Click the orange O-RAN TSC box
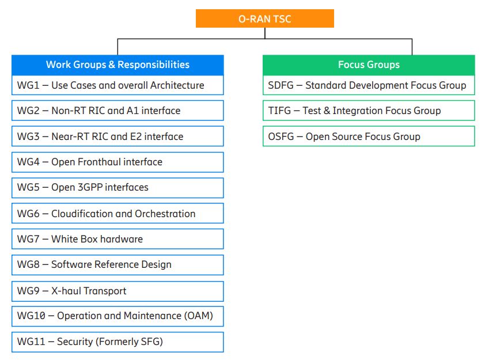pos(265,18)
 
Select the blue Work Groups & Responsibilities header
pos(118,65)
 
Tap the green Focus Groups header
pos(369,65)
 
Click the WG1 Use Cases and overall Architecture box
pos(118,85)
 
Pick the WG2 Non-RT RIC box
pos(118,111)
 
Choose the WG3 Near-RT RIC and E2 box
pos(118,136)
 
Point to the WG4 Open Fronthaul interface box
pos(118,162)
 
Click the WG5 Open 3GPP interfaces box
pos(118,188)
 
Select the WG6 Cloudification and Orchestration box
pos(118,213)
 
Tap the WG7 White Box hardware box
pos(118,239)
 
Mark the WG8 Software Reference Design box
pos(118,265)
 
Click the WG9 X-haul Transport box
pos(118,291)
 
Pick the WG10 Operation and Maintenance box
pos(118,316)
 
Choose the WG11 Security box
pos(118,342)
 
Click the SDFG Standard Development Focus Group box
pos(369,85)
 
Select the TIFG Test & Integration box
pos(369,111)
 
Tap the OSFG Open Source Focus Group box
pos(369,136)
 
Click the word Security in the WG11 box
pos(75,342)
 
